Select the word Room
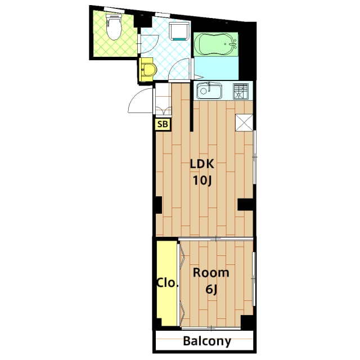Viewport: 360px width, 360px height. pos(211,273)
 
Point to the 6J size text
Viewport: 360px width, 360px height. pos(211,290)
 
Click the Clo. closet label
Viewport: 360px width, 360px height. pos(167,282)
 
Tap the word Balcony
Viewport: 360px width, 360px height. pos(207,341)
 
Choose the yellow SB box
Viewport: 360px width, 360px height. pos(162,124)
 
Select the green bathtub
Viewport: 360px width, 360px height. pos(215,44)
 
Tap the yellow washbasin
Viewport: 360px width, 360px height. pos(148,69)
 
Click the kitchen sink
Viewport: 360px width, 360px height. pos(209,91)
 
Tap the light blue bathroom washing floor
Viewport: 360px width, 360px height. pos(217,69)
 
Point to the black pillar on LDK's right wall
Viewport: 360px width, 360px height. pos(246,204)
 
